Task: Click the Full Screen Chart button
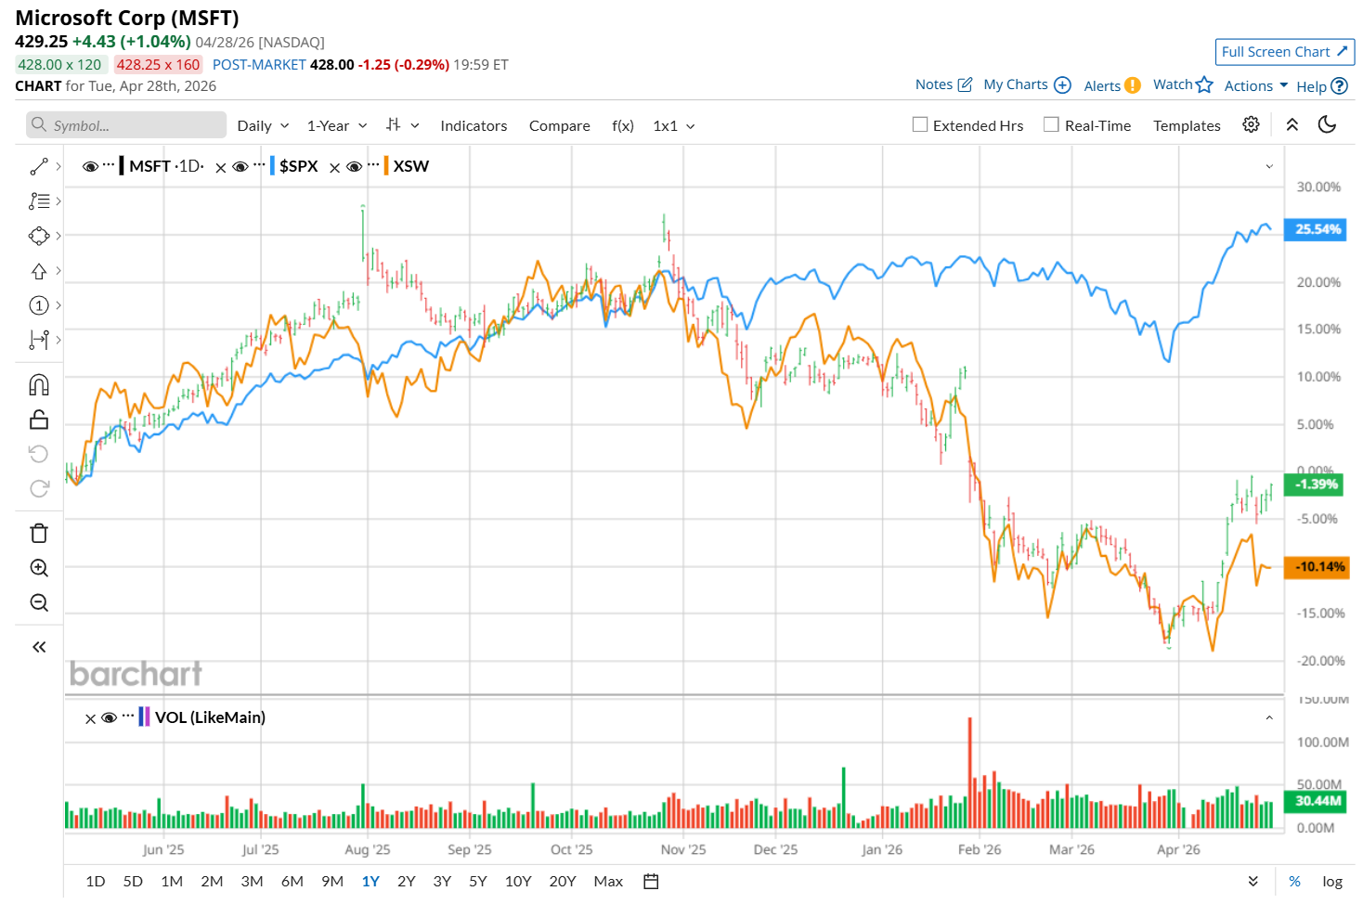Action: tap(1284, 52)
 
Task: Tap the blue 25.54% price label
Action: tap(1317, 229)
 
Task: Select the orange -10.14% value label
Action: tap(1317, 567)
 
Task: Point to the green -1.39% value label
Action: tap(1316, 484)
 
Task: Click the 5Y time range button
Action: tap(477, 882)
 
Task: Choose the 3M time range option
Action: tap(252, 882)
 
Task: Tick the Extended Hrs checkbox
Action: tap(920, 124)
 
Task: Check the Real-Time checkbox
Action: tap(1051, 124)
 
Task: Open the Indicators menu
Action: tap(474, 125)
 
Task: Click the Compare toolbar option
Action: tap(559, 125)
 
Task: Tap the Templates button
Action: tap(1187, 125)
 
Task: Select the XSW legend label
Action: tap(410, 166)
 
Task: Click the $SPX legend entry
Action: tap(298, 166)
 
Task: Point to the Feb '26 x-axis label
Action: tap(980, 849)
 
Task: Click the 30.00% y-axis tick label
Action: tap(1318, 187)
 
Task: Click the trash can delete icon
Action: tap(39, 534)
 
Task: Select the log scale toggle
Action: tap(1332, 882)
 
